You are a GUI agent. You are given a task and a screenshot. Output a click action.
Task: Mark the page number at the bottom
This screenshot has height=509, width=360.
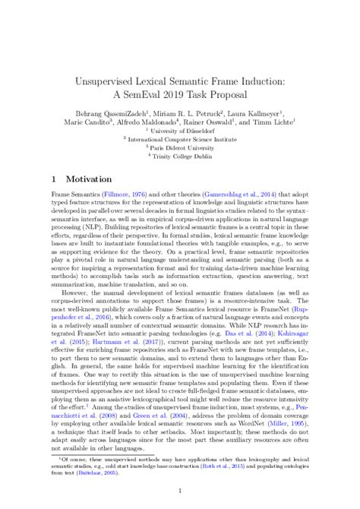(179, 490)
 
